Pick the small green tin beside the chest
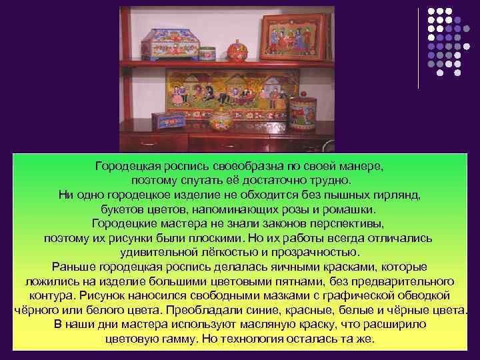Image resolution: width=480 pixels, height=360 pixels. pyautogui.click(x=207, y=53)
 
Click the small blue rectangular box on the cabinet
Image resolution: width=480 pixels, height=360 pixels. pyautogui.click(x=167, y=121)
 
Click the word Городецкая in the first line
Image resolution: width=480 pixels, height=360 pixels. pyautogui.click(x=127, y=165)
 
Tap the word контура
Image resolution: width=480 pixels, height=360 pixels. pyautogui.click(x=51, y=295)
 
